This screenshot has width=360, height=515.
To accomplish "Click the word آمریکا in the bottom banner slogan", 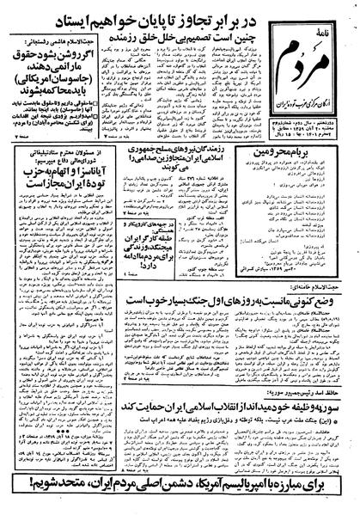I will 211,498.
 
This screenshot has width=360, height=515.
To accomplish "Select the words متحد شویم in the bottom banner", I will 46,498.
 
